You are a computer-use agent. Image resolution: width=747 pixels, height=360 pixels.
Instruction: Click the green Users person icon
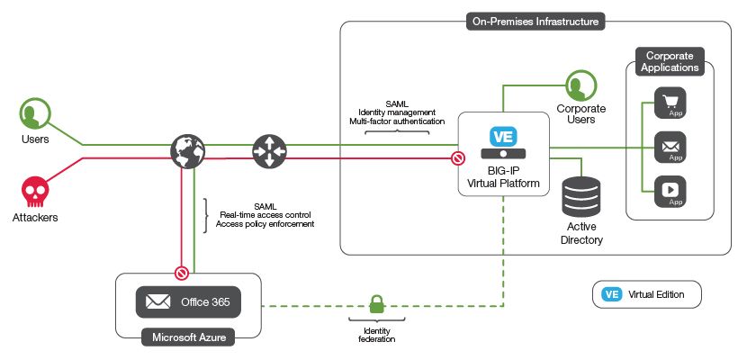pyautogui.click(x=34, y=114)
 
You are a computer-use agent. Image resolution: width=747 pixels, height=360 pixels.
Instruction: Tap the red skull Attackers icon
pyautogui.click(x=34, y=192)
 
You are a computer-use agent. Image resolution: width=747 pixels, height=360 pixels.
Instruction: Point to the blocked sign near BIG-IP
pyautogui.click(x=457, y=158)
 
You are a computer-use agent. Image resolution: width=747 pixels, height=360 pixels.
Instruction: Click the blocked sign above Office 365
pyautogui.click(x=181, y=271)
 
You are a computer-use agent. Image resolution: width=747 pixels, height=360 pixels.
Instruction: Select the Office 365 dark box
pyautogui.click(x=188, y=301)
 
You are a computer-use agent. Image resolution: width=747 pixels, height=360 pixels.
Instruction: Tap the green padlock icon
pyautogui.click(x=376, y=304)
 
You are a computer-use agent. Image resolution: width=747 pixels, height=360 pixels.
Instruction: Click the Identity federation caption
pyautogui.click(x=376, y=335)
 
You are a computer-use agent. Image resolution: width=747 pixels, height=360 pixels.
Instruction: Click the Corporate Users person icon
pyautogui.click(x=580, y=86)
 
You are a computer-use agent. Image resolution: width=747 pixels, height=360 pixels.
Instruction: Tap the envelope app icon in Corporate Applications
pyautogui.click(x=670, y=145)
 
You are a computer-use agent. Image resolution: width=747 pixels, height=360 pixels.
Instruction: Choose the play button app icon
pyautogui.click(x=670, y=189)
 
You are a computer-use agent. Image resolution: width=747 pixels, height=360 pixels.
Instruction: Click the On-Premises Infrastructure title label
pyautogui.click(x=536, y=20)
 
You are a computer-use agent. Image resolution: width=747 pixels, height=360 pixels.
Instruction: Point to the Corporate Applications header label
pyautogui.click(x=670, y=61)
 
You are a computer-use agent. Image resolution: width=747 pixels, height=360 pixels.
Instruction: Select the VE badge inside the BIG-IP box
pyautogui.click(x=503, y=137)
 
